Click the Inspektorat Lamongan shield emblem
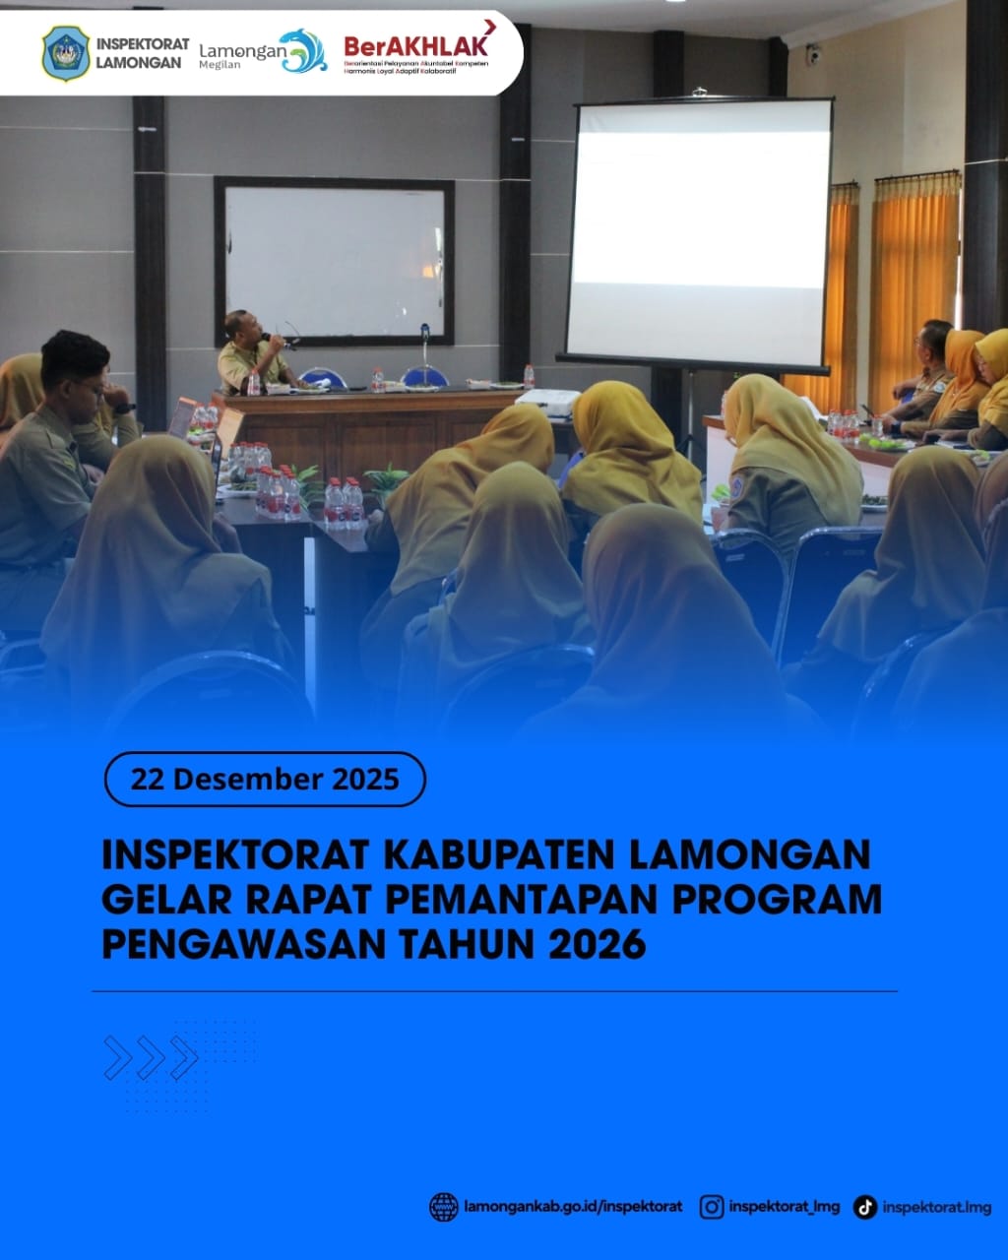click(x=65, y=52)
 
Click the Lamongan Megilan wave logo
click(x=302, y=51)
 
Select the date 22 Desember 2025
click(x=265, y=780)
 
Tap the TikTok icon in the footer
click(x=864, y=1207)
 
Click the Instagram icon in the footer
click(x=712, y=1207)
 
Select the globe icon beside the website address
click(x=444, y=1207)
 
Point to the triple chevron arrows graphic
click(x=151, y=1058)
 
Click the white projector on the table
click(x=547, y=401)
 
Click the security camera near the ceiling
click(x=813, y=55)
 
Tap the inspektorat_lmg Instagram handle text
click(x=785, y=1207)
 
